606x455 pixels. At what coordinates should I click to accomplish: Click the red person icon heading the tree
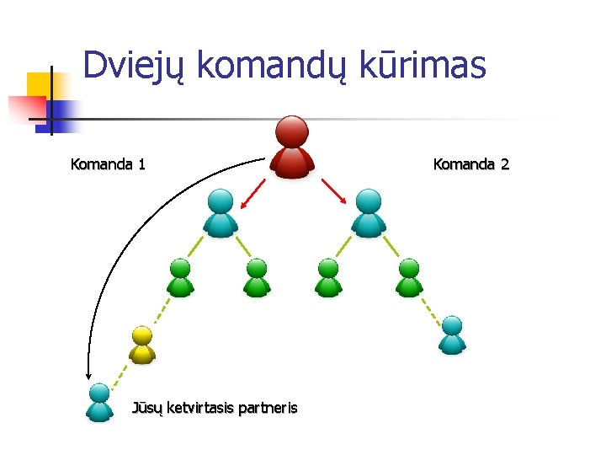click(292, 147)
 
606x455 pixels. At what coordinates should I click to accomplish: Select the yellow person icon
click(142, 344)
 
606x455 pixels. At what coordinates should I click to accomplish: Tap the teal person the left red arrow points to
click(221, 212)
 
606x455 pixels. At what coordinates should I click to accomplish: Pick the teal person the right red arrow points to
click(368, 212)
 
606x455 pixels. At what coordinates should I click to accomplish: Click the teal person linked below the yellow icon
click(99, 402)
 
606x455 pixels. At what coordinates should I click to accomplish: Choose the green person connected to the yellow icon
click(180, 278)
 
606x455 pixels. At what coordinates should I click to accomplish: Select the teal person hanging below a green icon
click(452, 335)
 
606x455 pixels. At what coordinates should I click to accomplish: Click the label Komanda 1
click(108, 164)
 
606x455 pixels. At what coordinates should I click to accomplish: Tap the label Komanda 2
click(470, 164)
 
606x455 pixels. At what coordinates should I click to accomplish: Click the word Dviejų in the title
click(135, 66)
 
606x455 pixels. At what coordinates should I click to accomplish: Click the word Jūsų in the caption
click(148, 409)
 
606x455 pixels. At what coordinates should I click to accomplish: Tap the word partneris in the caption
click(268, 409)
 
